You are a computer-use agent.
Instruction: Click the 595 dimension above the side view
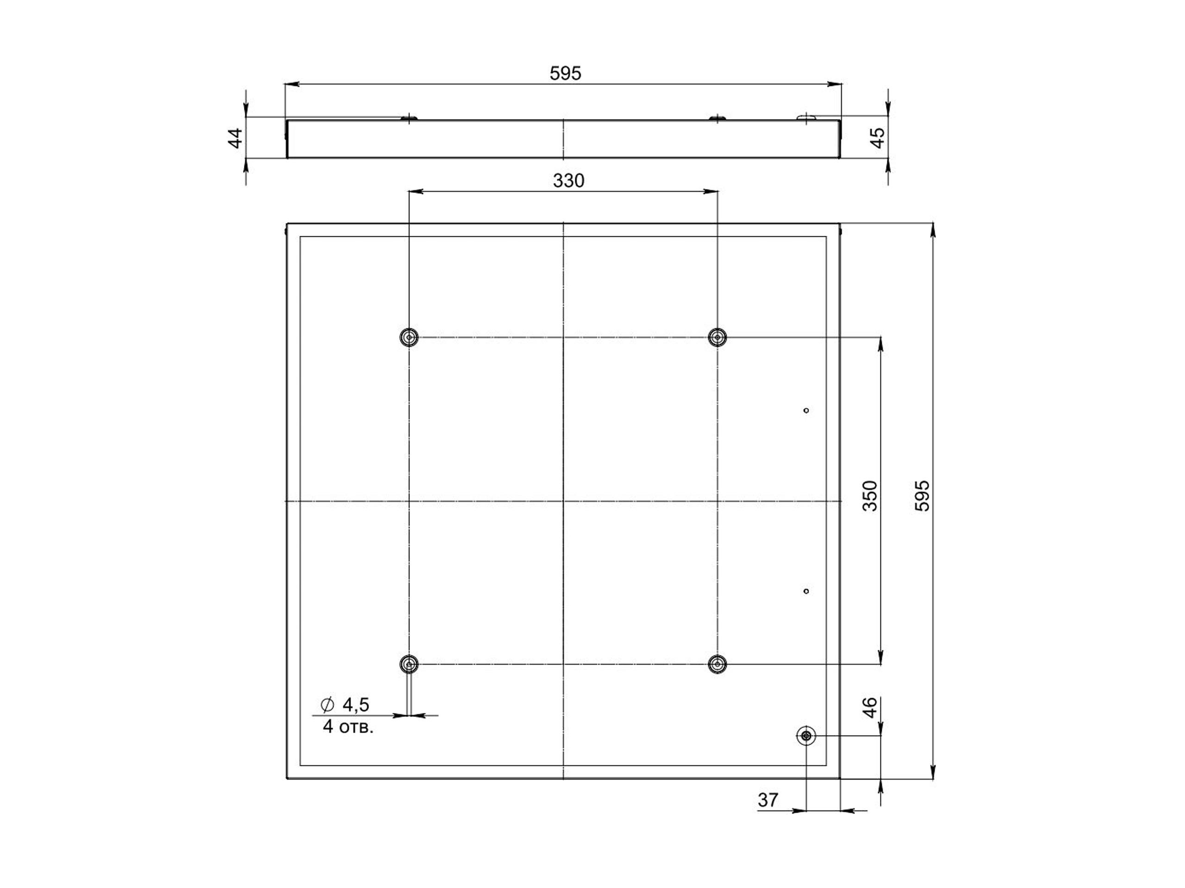pos(565,74)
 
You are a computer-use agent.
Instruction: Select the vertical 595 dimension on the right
pos(922,496)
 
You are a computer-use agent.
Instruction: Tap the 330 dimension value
pos(568,181)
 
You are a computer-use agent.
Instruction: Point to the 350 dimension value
pos(870,496)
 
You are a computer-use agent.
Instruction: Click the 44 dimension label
pos(236,138)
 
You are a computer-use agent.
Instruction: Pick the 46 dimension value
pos(870,707)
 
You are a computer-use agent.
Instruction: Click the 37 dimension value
pos(767,800)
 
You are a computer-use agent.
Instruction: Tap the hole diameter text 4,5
pos(355,705)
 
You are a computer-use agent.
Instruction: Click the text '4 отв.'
pos(348,727)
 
